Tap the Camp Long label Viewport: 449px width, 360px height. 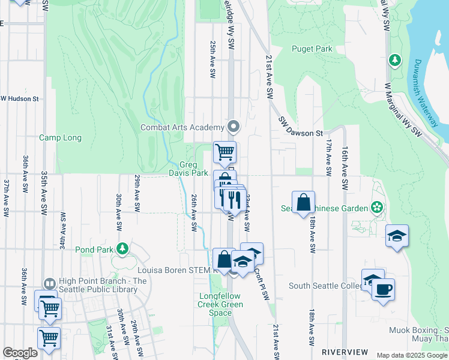coord(60,137)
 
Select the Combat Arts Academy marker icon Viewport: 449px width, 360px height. coord(234,127)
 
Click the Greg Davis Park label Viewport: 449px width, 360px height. coord(193,169)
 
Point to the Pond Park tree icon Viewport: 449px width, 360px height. coord(122,248)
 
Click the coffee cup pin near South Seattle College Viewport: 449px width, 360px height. coord(383,290)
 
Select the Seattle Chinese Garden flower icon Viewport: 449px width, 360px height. coord(377,208)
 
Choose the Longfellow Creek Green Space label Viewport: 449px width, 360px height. coord(221,304)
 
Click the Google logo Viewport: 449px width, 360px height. coord(20,353)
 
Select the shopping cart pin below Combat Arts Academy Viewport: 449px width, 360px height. coord(224,152)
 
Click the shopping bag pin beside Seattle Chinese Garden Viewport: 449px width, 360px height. coord(304,202)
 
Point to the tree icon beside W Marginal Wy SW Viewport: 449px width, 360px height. coord(395,60)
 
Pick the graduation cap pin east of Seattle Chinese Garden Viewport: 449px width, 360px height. coord(397,236)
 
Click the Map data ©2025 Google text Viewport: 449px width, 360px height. coord(412,355)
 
